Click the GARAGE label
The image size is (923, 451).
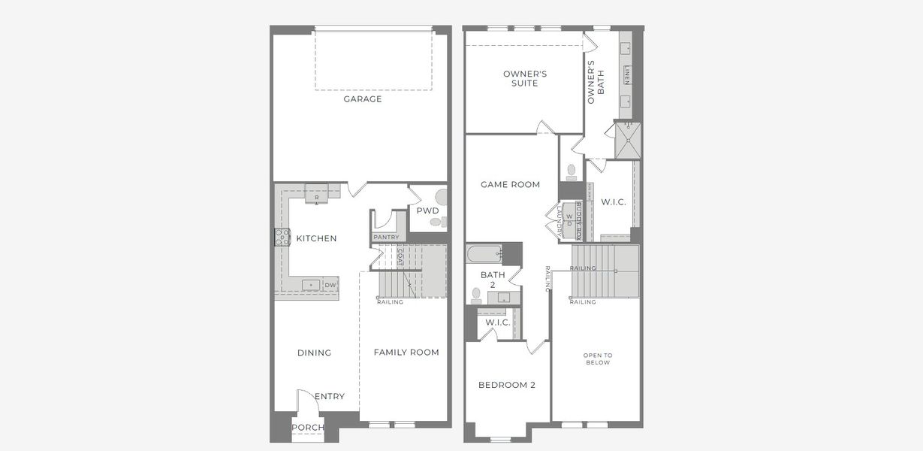[363, 99]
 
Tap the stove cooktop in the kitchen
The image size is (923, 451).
[282, 238]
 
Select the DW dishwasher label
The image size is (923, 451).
[330, 286]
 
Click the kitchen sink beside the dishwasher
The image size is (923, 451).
[309, 285]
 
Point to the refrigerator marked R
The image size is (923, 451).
[316, 195]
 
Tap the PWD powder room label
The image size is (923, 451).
[427, 211]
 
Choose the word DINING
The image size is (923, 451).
[314, 353]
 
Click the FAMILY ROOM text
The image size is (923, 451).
[406, 353]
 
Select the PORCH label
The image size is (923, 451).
[308, 428]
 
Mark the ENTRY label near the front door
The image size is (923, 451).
[330, 396]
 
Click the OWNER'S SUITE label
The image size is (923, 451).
[525, 78]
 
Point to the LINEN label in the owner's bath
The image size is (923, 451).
[626, 75]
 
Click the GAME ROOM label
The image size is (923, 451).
[511, 184]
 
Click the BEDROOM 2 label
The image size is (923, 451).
[507, 386]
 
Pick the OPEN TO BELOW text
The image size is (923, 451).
[598, 359]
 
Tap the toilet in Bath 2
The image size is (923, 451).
[476, 295]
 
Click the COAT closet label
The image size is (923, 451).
[400, 259]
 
